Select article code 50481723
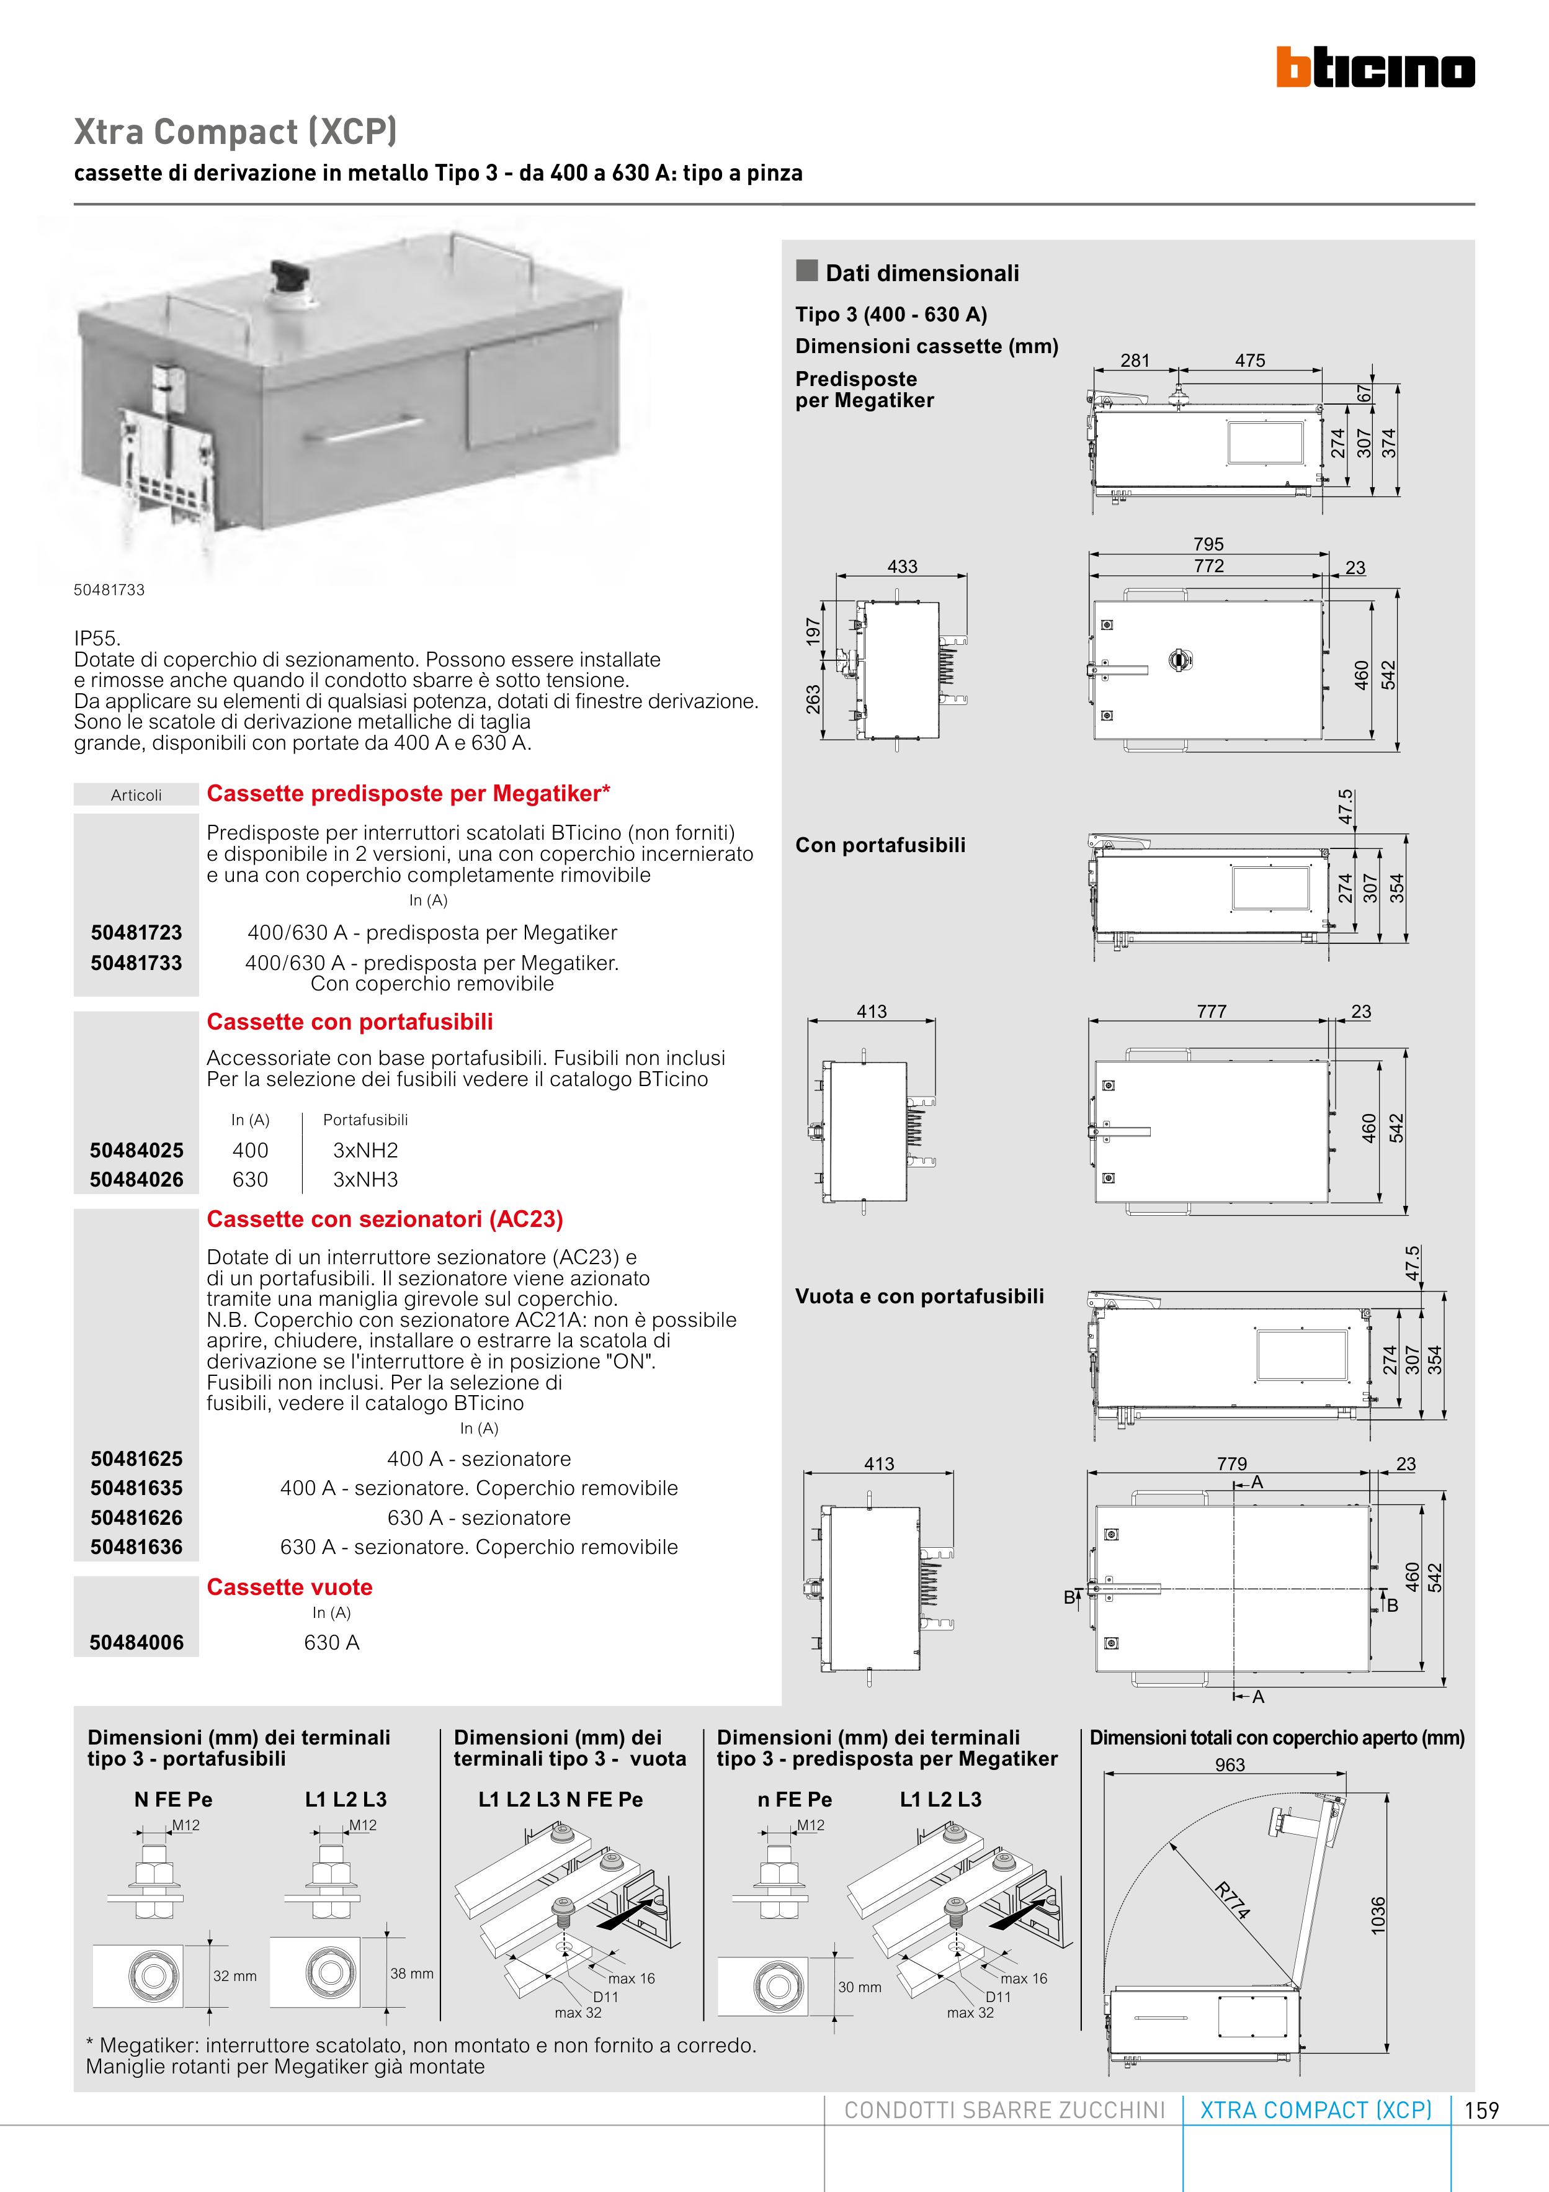tap(136, 933)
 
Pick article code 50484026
tap(136, 1180)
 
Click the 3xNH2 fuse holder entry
tap(365, 1151)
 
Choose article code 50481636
tap(136, 1548)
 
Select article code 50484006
tap(136, 1643)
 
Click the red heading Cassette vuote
tap(289, 1588)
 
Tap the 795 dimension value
tap(1208, 544)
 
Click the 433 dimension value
tap(902, 566)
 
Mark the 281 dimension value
tap(1135, 361)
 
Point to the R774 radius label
tap(1232, 1900)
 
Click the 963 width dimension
tap(1230, 1765)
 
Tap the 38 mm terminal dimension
tap(411, 1974)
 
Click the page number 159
tap(1481, 2111)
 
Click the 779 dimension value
tap(1231, 1463)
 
